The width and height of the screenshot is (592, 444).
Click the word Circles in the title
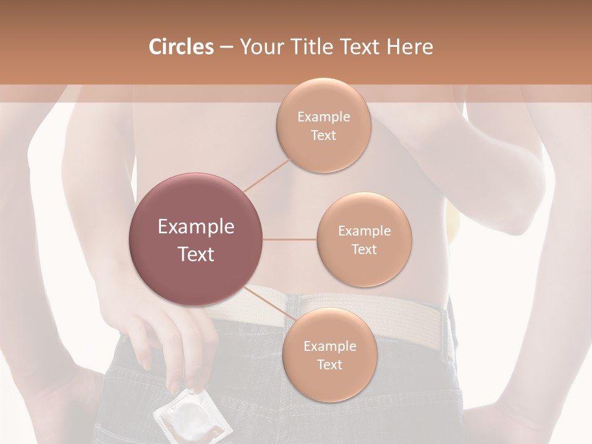click(181, 47)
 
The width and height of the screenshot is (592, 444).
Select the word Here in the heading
click(409, 47)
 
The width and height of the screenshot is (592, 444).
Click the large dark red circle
click(196, 239)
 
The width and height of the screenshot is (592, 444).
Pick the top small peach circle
click(323, 126)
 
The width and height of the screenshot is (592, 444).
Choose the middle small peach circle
click(364, 240)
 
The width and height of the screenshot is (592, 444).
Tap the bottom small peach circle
click(329, 355)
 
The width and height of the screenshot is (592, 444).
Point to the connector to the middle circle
click(290, 239)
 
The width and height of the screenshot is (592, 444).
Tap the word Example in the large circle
click(196, 227)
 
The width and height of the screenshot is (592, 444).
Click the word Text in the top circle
click(323, 136)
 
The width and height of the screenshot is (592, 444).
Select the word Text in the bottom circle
click(329, 365)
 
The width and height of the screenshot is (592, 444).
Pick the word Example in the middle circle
click(364, 231)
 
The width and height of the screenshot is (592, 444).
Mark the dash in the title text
click(226, 47)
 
